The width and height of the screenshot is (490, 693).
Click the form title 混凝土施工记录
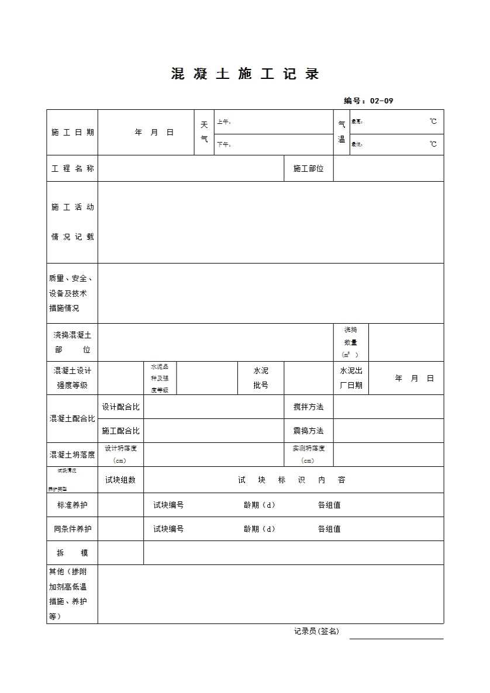tap(244, 74)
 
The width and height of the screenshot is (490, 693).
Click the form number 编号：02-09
tap(368, 101)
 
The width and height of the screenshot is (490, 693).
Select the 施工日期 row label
tap(73, 133)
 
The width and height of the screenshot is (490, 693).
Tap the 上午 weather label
tap(224, 122)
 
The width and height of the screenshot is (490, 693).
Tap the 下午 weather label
tap(224, 144)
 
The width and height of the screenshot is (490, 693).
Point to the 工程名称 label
tap(73, 168)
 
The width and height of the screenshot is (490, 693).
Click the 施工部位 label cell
tap(308, 168)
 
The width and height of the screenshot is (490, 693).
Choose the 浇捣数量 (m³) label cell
tap(351, 342)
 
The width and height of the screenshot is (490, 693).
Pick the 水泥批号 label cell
tap(261, 378)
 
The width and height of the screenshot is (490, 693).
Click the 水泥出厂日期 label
tap(351, 378)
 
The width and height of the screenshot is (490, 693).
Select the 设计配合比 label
tap(120, 407)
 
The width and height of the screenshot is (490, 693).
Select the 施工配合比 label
tap(120, 431)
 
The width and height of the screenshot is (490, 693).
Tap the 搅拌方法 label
tap(308, 407)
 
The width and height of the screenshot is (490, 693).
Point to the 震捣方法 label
tap(308, 431)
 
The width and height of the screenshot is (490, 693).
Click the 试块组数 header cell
tap(120, 480)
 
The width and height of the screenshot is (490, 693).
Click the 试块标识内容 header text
tap(292, 480)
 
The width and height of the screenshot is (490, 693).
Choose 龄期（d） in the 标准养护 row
tap(259, 505)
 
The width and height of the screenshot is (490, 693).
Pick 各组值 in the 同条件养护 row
tap(329, 529)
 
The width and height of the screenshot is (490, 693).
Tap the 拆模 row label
tap(73, 553)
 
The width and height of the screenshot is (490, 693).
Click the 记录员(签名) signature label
tap(316, 631)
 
